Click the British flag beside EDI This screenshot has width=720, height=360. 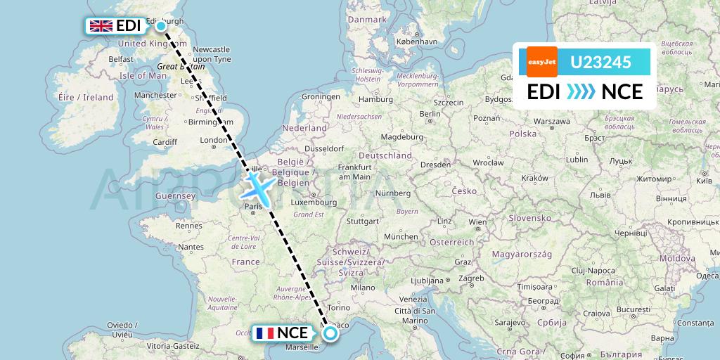pyautogui.click(x=101, y=26)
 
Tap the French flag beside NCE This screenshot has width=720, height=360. pyautogui.click(x=265, y=333)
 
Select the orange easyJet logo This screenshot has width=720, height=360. pyautogui.click(x=542, y=62)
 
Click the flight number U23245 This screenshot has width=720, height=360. pyautogui.click(x=600, y=63)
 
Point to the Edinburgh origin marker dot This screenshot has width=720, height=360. pyautogui.click(x=161, y=26)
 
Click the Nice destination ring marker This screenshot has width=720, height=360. pyautogui.click(x=330, y=334)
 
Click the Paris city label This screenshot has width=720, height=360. pyautogui.click(x=253, y=207)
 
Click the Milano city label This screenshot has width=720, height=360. pyautogui.click(x=364, y=288)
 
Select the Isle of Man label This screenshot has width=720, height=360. pyautogui.click(x=143, y=75)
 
